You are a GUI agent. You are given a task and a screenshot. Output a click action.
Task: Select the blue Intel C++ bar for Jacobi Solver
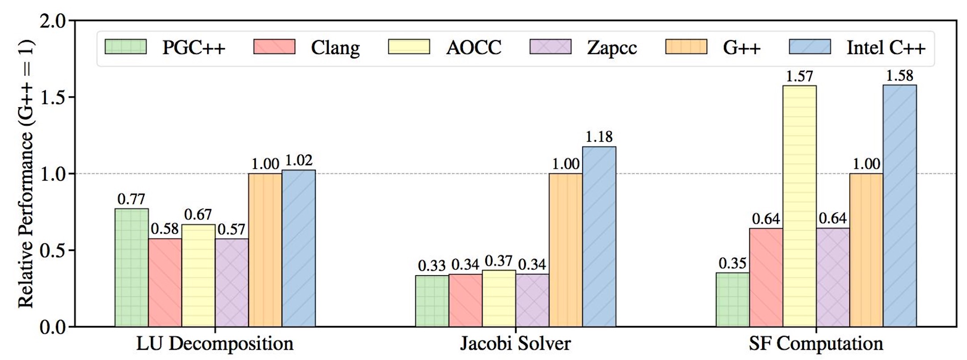(599, 236)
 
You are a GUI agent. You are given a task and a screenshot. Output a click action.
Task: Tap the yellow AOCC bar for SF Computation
(800, 205)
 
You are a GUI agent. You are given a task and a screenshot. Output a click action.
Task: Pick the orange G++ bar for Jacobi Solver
(566, 250)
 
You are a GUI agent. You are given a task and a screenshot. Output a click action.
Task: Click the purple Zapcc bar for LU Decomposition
(232, 282)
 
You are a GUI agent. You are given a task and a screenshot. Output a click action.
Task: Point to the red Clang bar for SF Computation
(766, 277)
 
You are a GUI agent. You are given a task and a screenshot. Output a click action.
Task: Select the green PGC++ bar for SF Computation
(733, 299)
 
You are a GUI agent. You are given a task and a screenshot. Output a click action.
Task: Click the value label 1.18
(599, 137)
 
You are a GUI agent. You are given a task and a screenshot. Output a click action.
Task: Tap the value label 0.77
(131, 199)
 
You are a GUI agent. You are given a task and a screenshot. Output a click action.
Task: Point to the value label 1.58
(900, 75)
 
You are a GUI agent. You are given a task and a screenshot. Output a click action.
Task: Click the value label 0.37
(498, 261)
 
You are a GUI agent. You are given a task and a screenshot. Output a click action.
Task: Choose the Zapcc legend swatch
(550, 47)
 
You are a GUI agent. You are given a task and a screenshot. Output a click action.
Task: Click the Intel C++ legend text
(886, 47)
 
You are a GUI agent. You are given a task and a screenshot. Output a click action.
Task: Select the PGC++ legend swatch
(125, 47)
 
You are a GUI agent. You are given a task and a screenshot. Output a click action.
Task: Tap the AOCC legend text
(474, 47)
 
